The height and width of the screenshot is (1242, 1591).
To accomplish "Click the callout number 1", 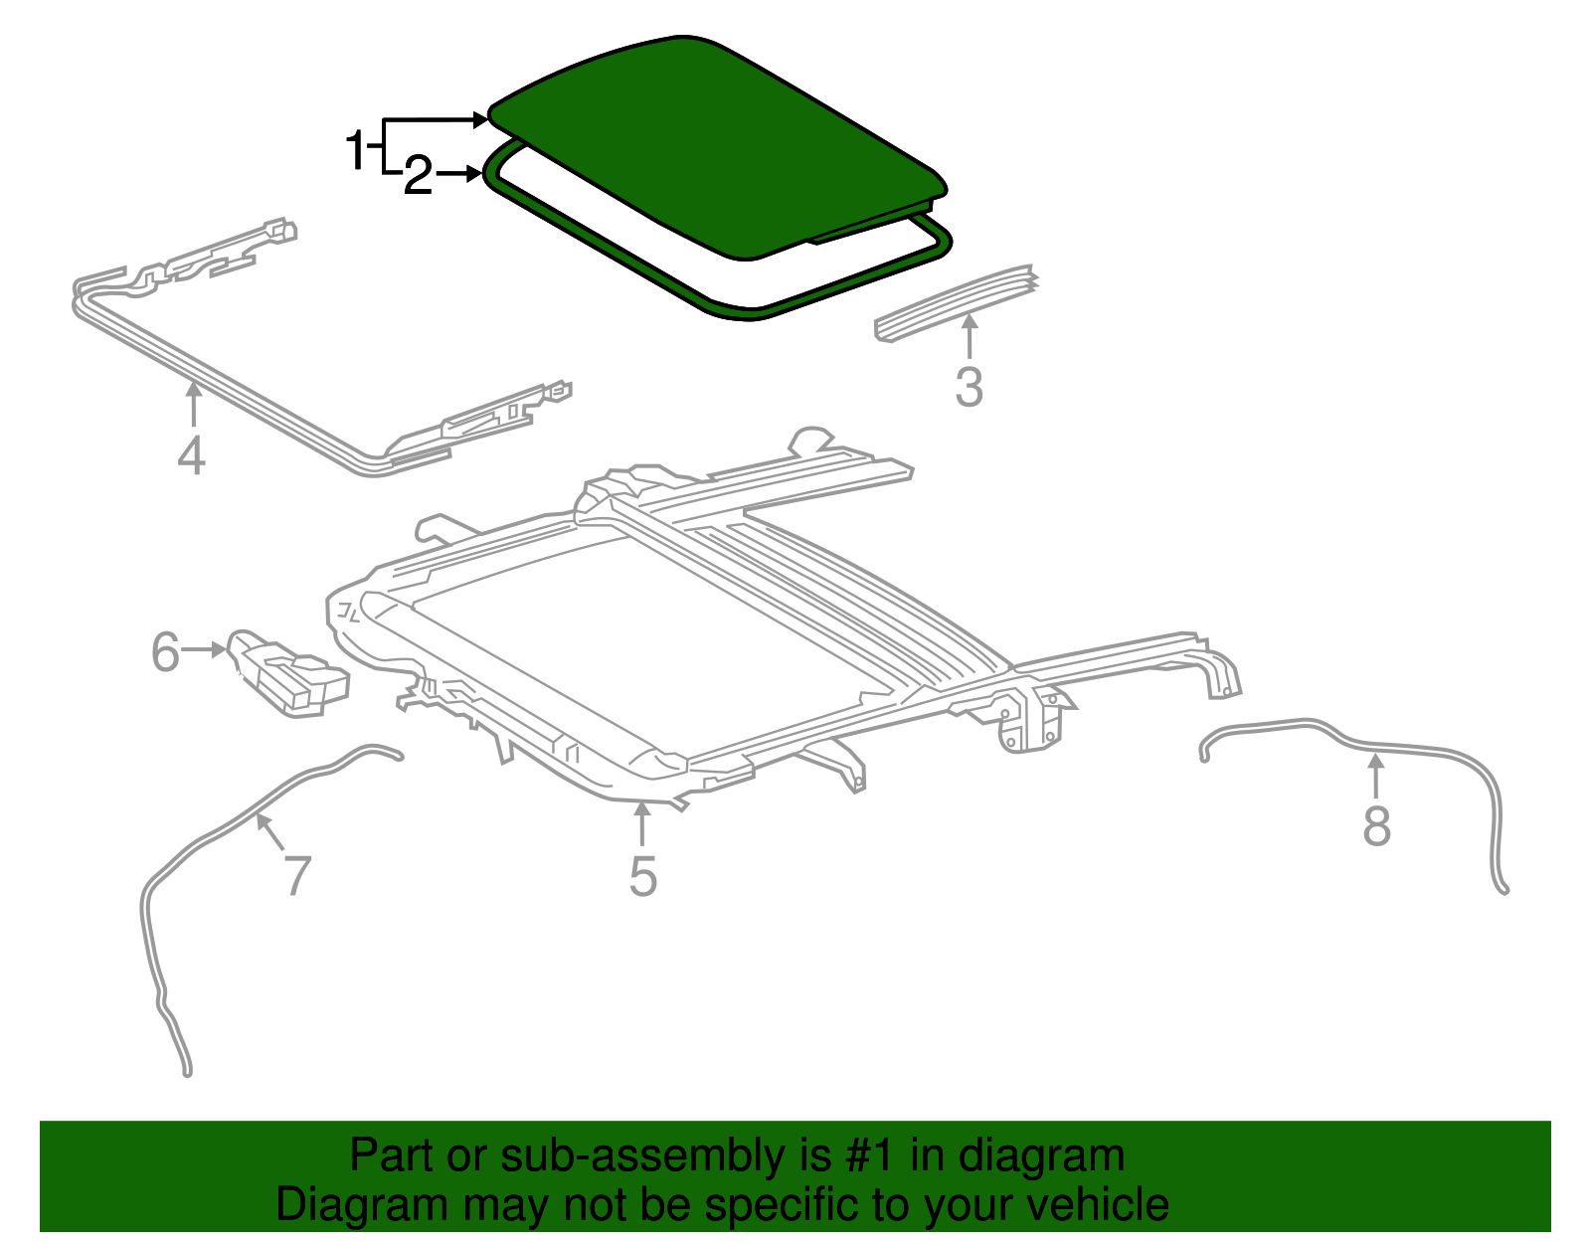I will [x=355, y=151].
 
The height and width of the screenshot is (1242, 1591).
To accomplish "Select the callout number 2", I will [x=418, y=178].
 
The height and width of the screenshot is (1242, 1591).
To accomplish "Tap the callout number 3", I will [x=969, y=387].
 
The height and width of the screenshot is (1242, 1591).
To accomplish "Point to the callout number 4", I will [x=192, y=455].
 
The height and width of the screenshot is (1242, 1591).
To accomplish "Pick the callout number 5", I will [x=642, y=877].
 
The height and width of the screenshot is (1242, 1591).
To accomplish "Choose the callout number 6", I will [x=165, y=652].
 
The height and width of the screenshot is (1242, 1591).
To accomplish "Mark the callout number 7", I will [x=297, y=876].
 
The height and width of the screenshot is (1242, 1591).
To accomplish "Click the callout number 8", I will [x=1376, y=825].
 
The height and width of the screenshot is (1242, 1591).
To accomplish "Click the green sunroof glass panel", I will [x=716, y=139].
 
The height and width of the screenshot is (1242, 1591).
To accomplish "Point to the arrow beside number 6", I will [x=207, y=649].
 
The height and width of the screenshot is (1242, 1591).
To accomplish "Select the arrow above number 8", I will [x=1376, y=776].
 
